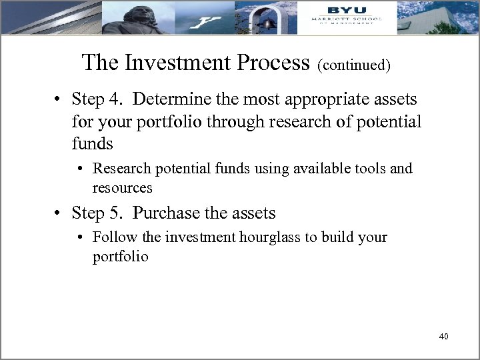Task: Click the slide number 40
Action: (443, 337)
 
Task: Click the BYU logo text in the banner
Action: (343, 10)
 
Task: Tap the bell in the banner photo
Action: (268, 23)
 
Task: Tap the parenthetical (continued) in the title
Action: (354, 66)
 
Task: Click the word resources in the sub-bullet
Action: (123, 189)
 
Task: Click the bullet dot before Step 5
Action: (59, 213)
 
